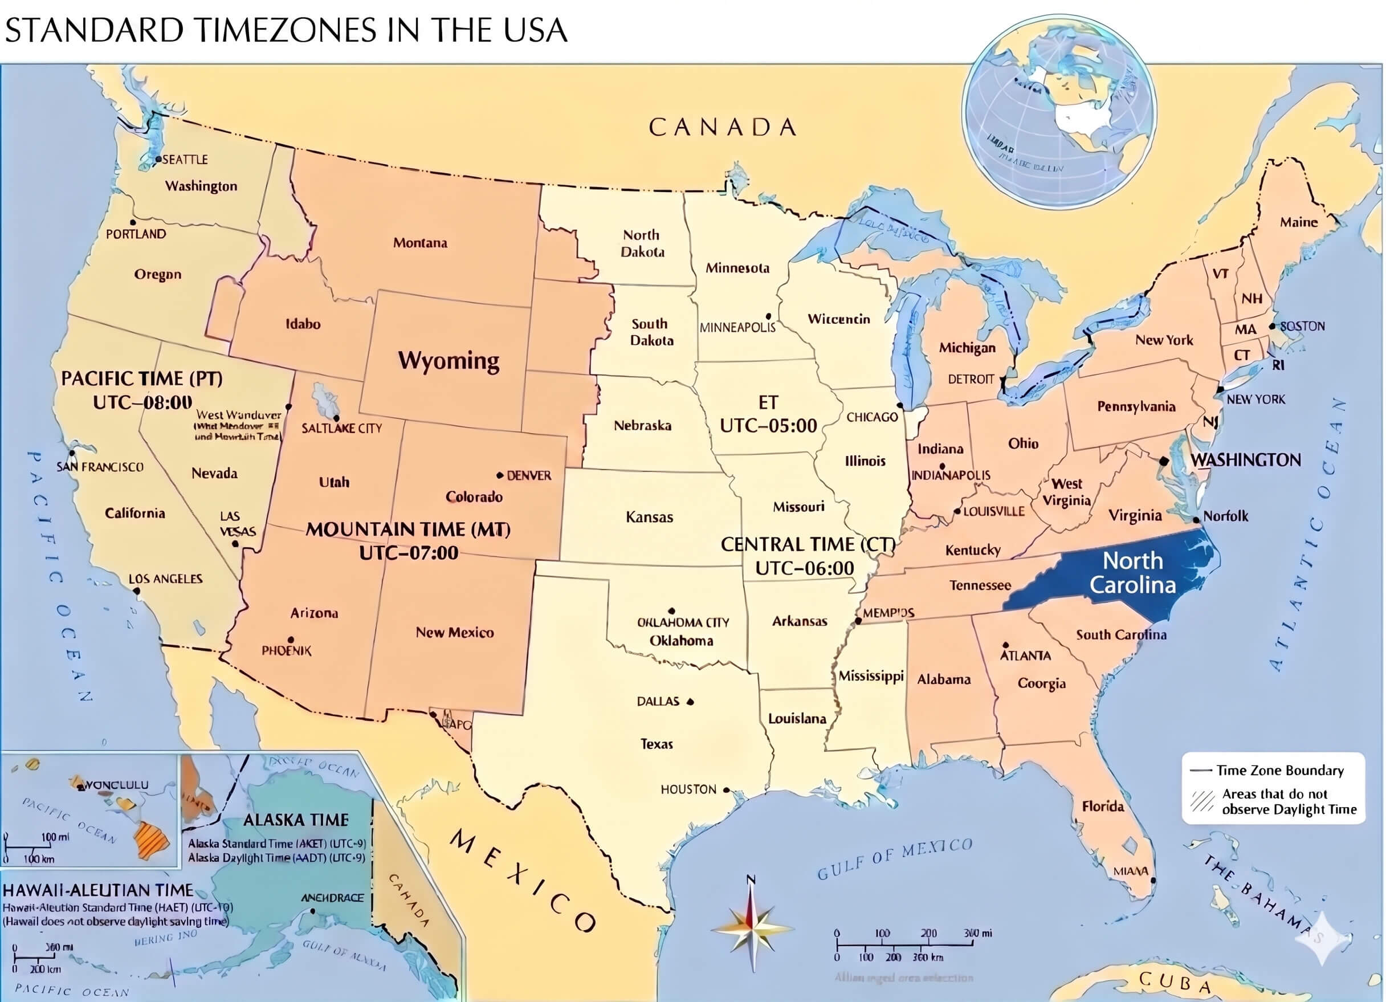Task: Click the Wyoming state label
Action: (449, 361)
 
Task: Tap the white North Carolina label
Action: (1132, 573)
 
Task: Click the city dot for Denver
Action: (500, 475)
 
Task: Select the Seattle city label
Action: (185, 160)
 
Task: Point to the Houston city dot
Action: (726, 790)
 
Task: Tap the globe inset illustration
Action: (1059, 111)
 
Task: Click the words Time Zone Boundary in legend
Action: (1279, 770)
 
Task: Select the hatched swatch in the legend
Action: (1202, 801)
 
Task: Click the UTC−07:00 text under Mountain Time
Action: (408, 553)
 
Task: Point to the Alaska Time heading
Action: (296, 820)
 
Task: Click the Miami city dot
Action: (1152, 881)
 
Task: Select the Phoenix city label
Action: (287, 651)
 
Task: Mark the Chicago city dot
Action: (899, 405)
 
